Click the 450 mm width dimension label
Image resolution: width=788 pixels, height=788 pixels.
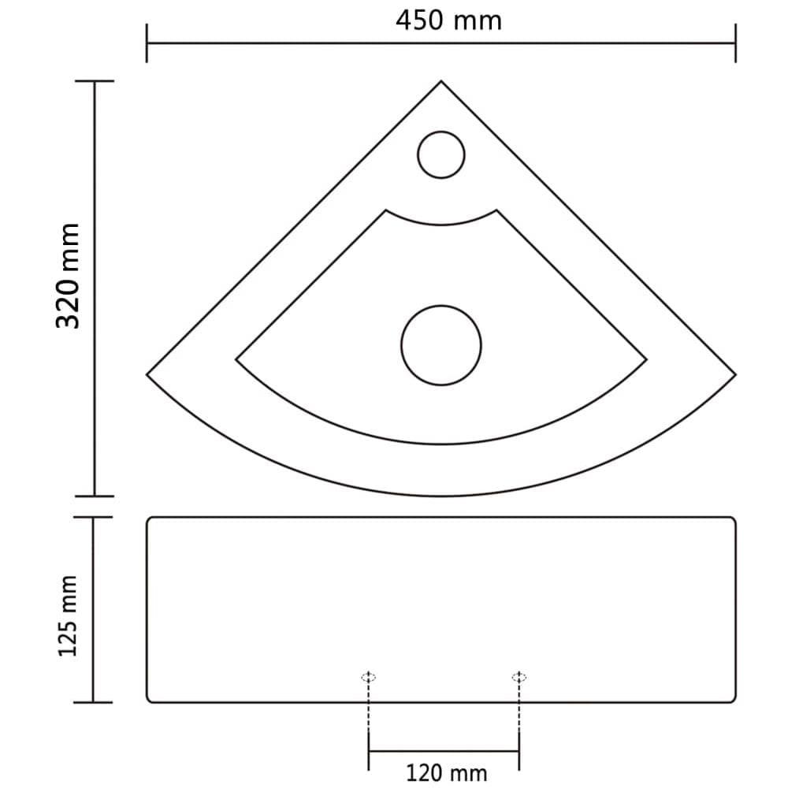[448, 20]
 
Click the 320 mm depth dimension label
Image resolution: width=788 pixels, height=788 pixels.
[69, 276]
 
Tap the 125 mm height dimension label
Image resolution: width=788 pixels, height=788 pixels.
[69, 615]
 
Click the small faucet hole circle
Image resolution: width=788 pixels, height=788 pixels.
[441, 154]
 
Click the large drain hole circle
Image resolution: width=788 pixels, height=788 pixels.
[440, 345]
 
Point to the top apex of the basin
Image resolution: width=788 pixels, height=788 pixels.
[440, 81]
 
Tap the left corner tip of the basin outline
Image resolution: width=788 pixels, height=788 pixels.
[148, 374]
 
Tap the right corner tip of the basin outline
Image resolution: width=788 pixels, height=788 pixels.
[734, 374]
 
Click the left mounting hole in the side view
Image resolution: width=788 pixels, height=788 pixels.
[368, 677]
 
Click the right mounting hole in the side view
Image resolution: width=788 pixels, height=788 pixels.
[519, 677]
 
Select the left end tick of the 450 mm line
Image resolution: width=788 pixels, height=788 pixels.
[147, 43]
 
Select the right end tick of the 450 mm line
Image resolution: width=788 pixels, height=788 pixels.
[735, 43]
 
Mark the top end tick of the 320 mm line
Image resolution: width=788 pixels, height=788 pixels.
[94, 81]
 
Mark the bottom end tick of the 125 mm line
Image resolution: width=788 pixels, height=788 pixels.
[94, 701]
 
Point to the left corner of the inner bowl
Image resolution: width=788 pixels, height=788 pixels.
[237, 360]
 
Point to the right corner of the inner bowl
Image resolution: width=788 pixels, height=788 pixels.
[646, 360]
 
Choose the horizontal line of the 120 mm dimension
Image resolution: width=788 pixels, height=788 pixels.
[444, 751]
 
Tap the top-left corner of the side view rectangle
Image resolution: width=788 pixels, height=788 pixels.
[150, 519]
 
